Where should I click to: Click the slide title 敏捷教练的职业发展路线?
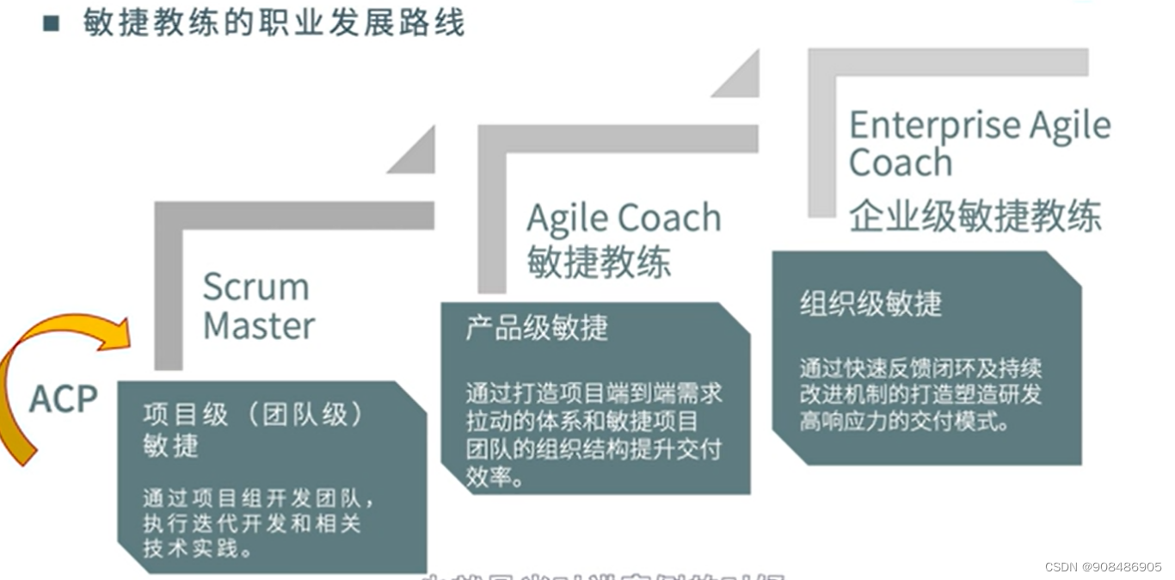tap(274, 23)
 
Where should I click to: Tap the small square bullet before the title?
tap(52, 23)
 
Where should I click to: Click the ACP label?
tap(64, 398)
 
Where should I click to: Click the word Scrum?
tap(255, 287)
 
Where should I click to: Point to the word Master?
tap(259, 326)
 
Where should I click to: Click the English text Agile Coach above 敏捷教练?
tap(624, 218)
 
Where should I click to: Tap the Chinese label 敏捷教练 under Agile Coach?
tap(599, 261)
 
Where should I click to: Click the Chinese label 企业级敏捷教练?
tap(975, 216)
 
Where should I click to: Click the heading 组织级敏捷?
tap(870, 303)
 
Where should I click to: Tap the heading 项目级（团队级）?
tap(254, 415)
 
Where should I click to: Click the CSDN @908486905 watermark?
tap(1104, 567)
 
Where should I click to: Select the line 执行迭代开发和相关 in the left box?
tap(251, 523)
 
